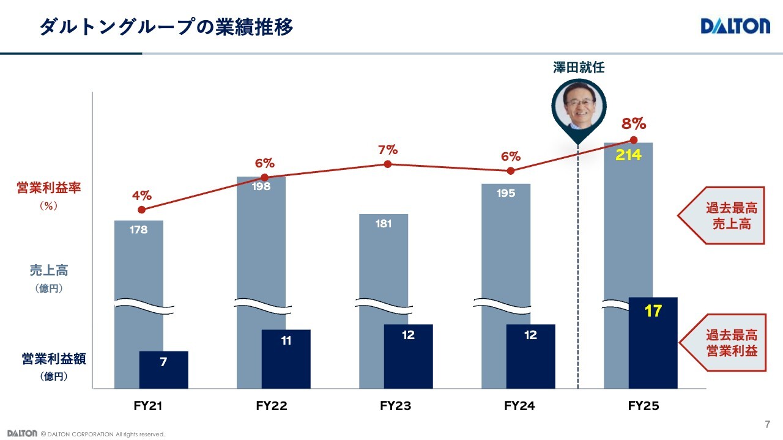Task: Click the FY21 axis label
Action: [x=147, y=406]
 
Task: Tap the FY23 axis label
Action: [x=395, y=406]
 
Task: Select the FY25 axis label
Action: [x=644, y=406]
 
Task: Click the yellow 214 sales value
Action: [x=628, y=155]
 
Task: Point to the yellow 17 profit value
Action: [x=653, y=311]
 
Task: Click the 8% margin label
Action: [x=634, y=124]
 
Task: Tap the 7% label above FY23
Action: [x=388, y=150]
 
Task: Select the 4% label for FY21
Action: [x=141, y=196]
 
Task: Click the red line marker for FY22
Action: [x=264, y=177]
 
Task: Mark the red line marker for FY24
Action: [x=511, y=171]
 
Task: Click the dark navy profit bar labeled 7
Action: [x=163, y=370]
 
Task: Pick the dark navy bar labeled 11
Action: [x=286, y=359]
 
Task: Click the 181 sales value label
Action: [x=384, y=224]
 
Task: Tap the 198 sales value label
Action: [x=261, y=186]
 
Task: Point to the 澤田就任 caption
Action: [x=579, y=68]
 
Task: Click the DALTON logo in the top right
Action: [x=735, y=26]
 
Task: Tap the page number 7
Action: [x=768, y=425]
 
